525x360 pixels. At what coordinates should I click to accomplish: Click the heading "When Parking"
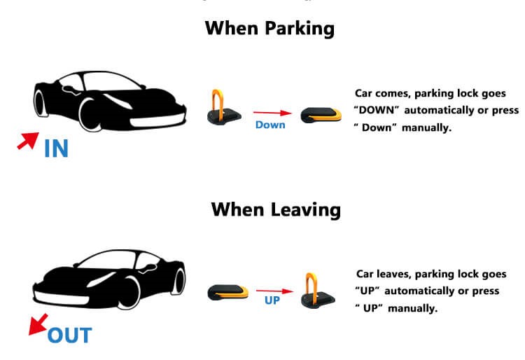click(269, 29)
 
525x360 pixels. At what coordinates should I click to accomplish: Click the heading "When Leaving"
click(276, 210)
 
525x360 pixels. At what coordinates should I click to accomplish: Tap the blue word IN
click(56, 148)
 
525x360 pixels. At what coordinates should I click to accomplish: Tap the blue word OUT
click(69, 335)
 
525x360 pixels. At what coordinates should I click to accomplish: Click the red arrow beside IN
click(28, 141)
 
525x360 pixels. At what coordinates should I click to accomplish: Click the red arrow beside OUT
click(38, 324)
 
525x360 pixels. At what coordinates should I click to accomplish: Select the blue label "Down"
click(270, 125)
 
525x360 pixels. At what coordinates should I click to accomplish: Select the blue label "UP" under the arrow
click(272, 300)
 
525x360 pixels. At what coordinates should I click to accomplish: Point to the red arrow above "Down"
click(272, 113)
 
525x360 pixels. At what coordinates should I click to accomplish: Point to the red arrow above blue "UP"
click(274, 291)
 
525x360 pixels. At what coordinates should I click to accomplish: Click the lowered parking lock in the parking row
click(321, 115)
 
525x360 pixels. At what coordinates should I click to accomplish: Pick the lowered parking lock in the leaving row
click(227, 292)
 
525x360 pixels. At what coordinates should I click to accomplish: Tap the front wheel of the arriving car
click(90, 114)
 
